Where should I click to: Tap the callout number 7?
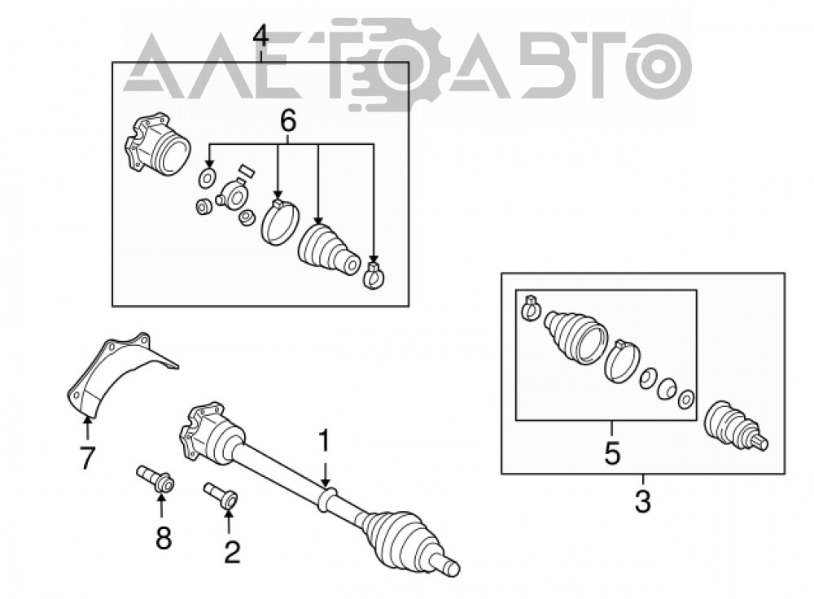pos(87,458)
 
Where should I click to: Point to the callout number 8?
pos(164,537)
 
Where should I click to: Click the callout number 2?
pos(231,552)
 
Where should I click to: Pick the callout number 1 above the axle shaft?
pos(324,440)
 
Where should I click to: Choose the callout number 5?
pos(612,453)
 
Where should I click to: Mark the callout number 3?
pos(643,501)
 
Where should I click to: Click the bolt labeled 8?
pos(155,479)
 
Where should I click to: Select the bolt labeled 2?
pos(221,495)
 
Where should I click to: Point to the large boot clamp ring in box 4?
pos(280,221)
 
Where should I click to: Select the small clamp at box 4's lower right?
pos(374,273)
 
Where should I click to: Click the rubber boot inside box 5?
pos(575,334)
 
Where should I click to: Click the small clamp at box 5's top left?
pos(531,308)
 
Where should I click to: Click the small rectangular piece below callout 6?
pos(245,171)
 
